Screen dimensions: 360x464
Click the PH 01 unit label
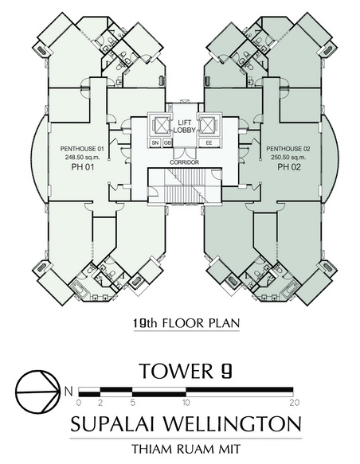pos(83,167)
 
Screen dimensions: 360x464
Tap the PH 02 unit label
pos(289,167)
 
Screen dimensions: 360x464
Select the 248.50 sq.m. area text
pos(82,158)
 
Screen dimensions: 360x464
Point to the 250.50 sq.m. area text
pos(288,158)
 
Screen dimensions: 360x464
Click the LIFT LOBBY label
pos(185,127)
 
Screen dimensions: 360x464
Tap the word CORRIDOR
pos(184,162)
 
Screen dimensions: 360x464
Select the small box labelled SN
pos(155,143)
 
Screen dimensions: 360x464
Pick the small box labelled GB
pos(167,143)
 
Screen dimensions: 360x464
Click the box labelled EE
pos(209,143)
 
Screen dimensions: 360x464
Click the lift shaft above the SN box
pos(160,125)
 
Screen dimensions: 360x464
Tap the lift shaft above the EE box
pos(209,125)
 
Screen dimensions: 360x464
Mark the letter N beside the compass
pos(68,392)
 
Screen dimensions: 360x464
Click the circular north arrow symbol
pos(37,392)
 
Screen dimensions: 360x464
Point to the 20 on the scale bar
pos(295,403)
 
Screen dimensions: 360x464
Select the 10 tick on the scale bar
pos(186,403)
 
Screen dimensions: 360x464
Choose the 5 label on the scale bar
pos(133,403)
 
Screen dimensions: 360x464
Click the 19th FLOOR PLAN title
pos(186,323)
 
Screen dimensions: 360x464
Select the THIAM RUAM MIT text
pos(186,449)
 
